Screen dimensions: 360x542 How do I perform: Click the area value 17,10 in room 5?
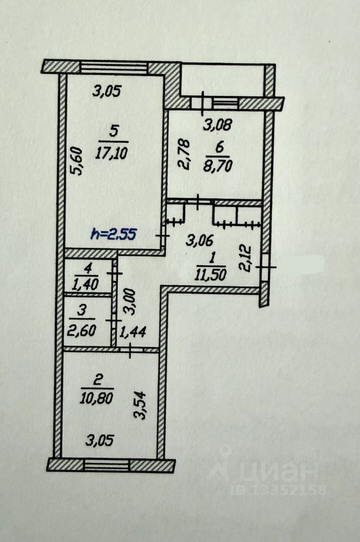coord(112,151)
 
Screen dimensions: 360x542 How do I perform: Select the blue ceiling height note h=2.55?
coord(113,235)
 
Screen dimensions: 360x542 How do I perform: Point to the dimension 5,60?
coord(77,161)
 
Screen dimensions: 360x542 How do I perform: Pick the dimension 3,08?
coord(217,124)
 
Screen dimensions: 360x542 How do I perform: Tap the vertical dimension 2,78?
coord(185,154)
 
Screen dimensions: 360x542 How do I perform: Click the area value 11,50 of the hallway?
coord(210,274)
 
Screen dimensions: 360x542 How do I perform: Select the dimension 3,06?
coord(199,241)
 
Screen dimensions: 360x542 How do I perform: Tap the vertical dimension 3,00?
coord(130,301)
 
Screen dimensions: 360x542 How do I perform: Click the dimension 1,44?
coord(133,332)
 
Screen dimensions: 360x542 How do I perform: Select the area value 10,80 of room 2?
coord(96,399)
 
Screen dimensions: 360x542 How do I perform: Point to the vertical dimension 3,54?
coord(140,405)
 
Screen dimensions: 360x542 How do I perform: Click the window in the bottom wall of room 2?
coord(107,465)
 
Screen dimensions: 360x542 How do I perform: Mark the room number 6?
coord(219,146)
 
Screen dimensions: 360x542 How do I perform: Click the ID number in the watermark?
coord(279,490)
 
